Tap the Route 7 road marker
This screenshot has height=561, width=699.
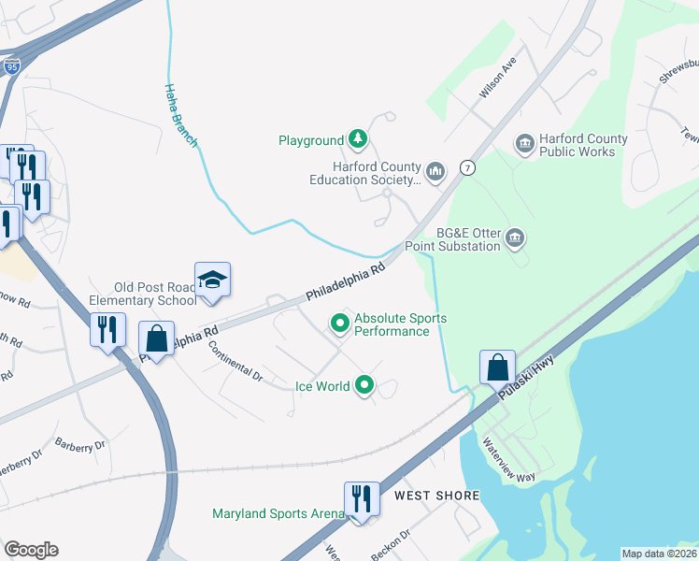pyautogui.click(x=467, y=168)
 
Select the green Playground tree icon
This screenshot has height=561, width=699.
pyautogui.click(x=357, y=140)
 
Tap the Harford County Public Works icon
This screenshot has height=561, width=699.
pyautogui.click(x=525, y=144)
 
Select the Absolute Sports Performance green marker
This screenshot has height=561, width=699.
pyautogui.click(x=341, y=324)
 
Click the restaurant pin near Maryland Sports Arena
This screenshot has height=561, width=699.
pyautogui.click(x=361, y=499)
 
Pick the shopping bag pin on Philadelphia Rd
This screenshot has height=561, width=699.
pyautogui.click(x=157, y=339)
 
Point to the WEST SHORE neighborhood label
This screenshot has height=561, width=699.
pyautogui.click(x=436, y=495)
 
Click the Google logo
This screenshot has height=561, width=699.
pyautogui.click(x=31, y=550)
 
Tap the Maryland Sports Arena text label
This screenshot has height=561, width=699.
pyautogui.click(x=278, y=513)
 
